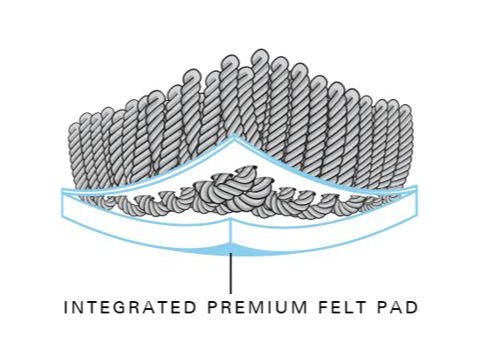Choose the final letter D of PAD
coord(410,307)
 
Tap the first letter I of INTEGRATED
coord(66,307)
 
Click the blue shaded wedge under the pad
coord(232,248)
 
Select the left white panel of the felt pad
coord(140,222)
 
